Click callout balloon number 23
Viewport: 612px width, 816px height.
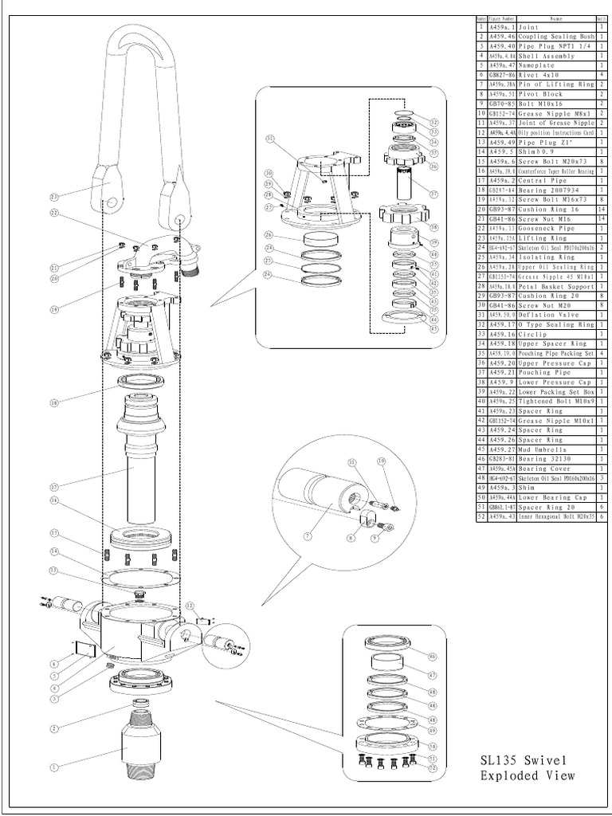pyautogui.click(x=54, y=196)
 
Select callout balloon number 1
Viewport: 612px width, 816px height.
pyautogui.click(x=55, y=767)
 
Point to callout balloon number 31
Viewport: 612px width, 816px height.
pyautogui.click(x=269, y=137)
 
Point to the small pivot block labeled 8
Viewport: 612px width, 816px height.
pyautogui.click(x=367, y=520)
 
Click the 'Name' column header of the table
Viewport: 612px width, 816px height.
pyautogui.click(x=555, y=18)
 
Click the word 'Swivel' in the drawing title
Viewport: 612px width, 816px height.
pyautogui.click(x=546, y=759)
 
